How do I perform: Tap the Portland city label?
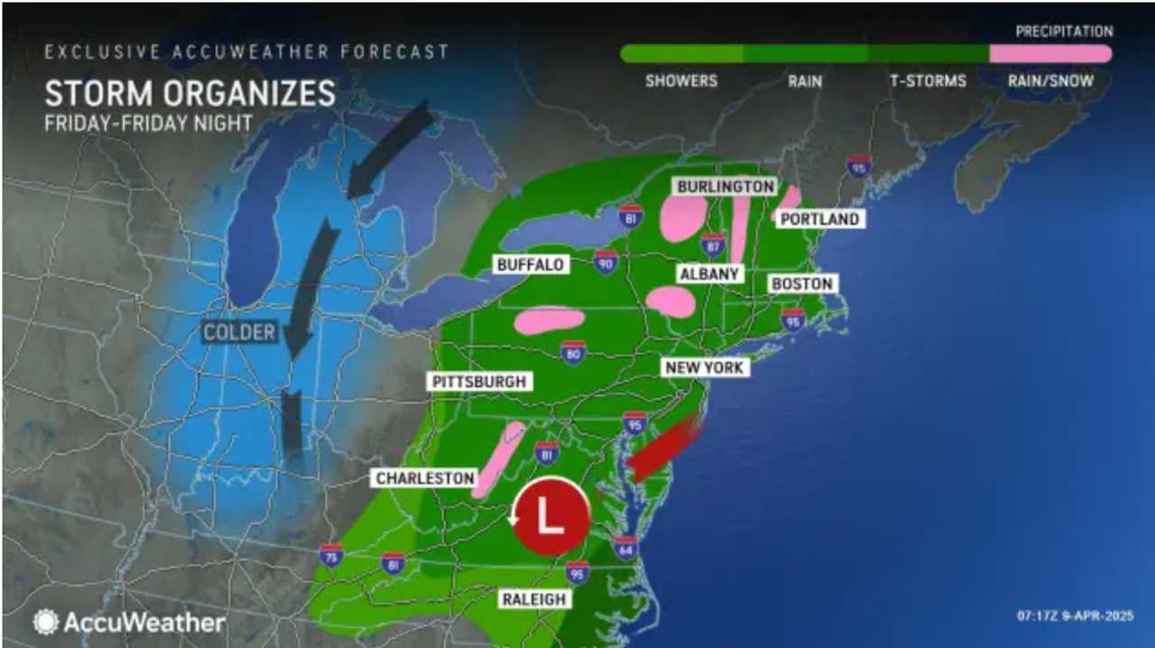(x=818, y=219)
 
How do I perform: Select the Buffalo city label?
(x=530, y=264)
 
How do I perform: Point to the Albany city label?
(x=711, y=273)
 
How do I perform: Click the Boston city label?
(x=801, y=283)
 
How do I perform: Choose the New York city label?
(x=704, y=367)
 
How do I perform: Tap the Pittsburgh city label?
(x=478, y=382)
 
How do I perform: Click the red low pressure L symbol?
(x=551, y=515)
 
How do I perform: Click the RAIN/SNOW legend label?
(x=1050, y=81)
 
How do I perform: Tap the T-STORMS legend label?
(x=928, y=81)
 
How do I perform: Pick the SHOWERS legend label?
(x=681, y=81)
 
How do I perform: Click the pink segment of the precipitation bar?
(x=1050, y=53)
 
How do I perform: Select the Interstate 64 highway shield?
(x=624, y=548)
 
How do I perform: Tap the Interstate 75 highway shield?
(x=331, y=555)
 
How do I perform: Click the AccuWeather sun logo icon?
(x=46, y=622)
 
